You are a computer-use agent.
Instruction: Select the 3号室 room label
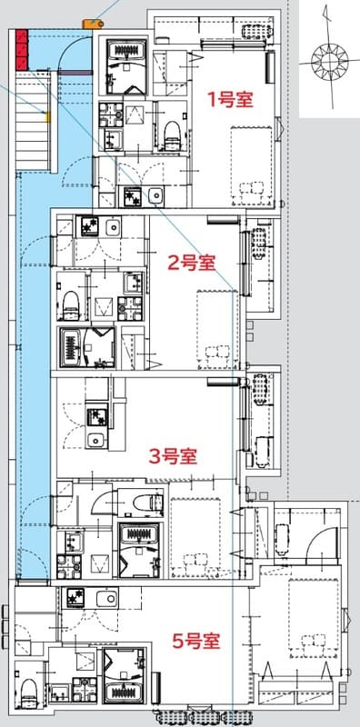(x=174, y=455)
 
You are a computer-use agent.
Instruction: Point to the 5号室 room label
(x=196, y=641)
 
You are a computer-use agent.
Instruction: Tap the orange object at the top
(x=91, y=23)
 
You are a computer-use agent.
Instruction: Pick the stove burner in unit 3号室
(x=95, y=417)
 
